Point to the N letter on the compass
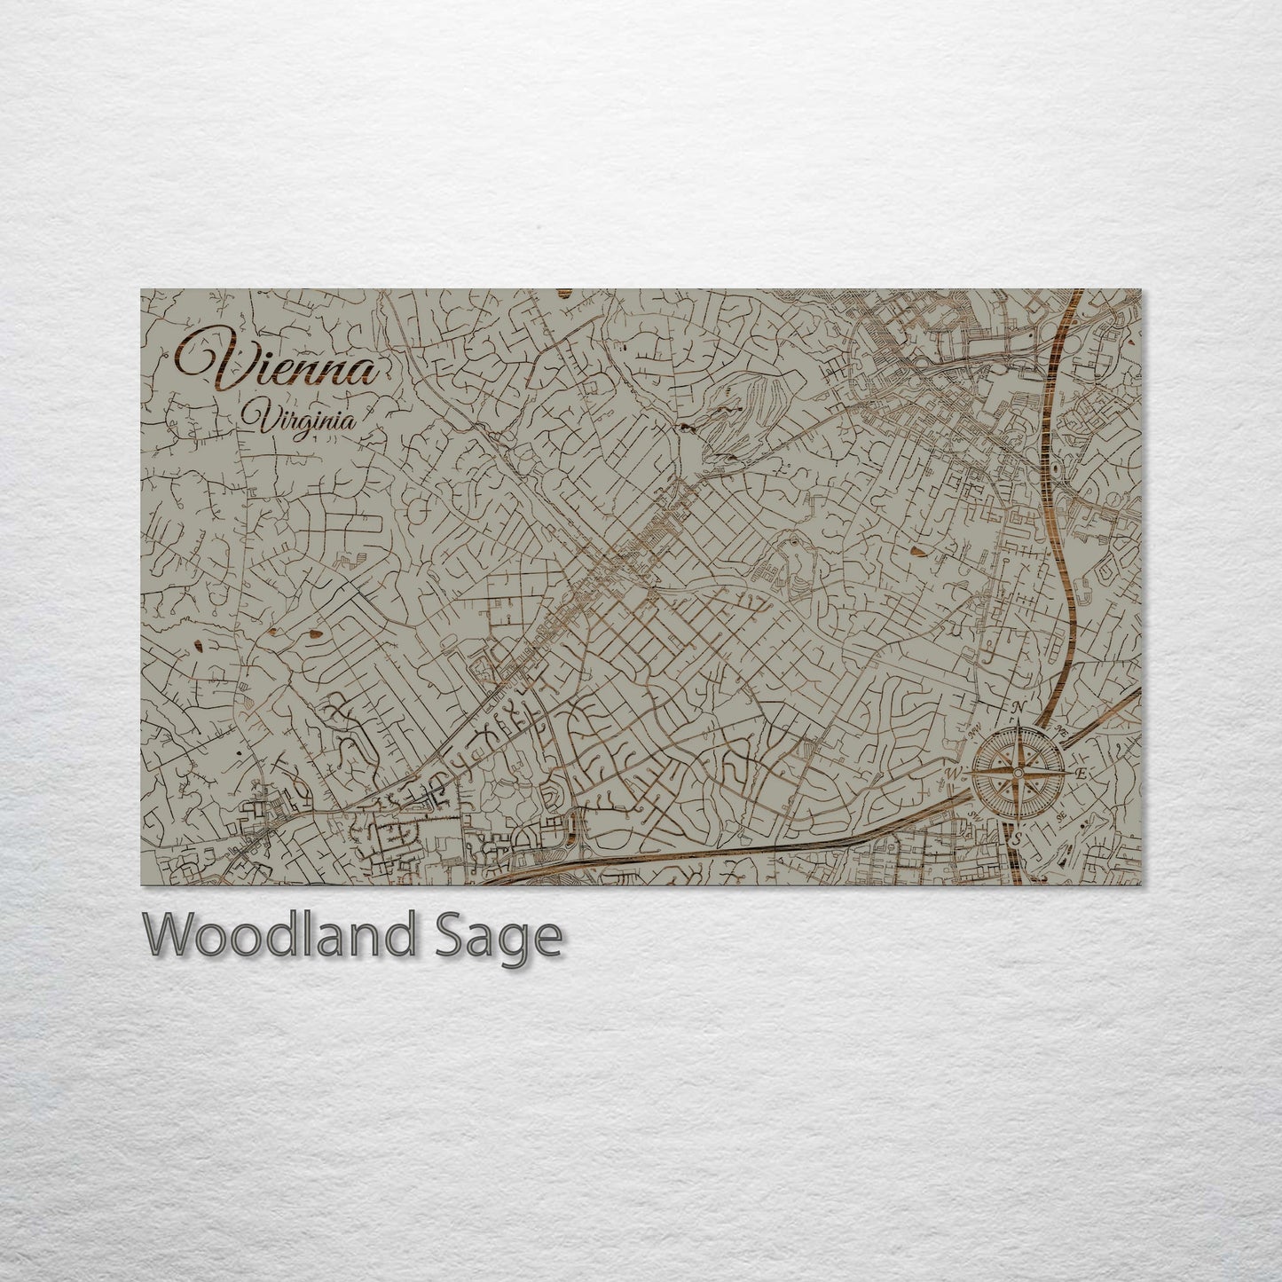[x=1019, y=707]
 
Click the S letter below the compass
[x=1019, y=838]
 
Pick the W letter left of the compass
[x=954, y=774]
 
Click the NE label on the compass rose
[x=1062, y=732]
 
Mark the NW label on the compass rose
[x=975, y=732]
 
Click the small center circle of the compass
[x=1019, y=773]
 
